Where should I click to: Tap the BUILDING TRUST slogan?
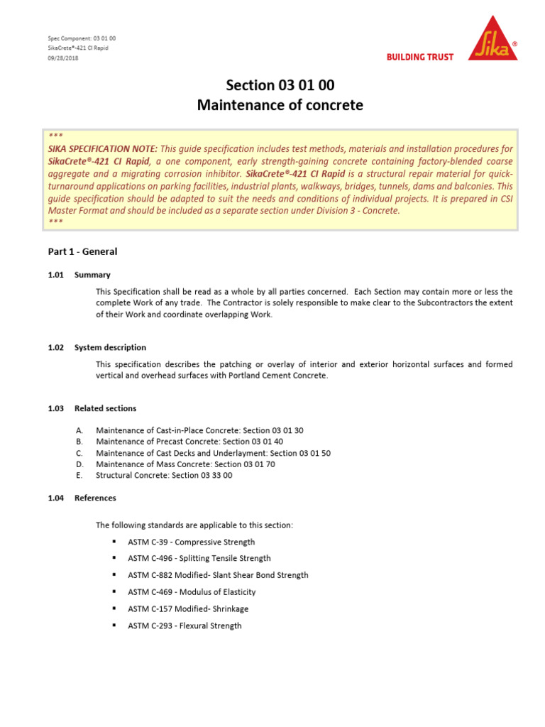(419, 58)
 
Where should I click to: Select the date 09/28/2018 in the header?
(63, 58)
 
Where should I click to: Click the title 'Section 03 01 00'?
(280, 85)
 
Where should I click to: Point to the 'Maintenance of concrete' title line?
(280, 105)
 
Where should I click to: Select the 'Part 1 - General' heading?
(82, 251)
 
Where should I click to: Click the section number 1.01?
(56, 275)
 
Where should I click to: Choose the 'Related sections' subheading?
(105, 408)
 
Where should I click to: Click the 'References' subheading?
(95, 498)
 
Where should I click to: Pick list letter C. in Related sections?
(79, 453)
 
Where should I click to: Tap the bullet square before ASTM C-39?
(114, 542)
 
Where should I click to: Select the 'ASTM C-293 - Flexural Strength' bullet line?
(185, 625)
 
